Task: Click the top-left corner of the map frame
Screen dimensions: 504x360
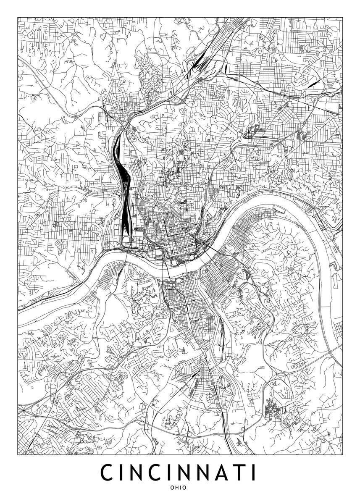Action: (x=18, y=17)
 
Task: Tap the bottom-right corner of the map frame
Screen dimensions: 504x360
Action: (x=342, y=455)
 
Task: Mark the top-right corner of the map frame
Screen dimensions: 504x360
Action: (x=342, y=17)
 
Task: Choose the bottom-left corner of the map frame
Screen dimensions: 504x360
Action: (x=18, y=455)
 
